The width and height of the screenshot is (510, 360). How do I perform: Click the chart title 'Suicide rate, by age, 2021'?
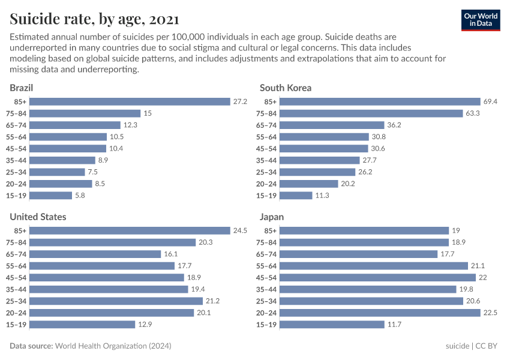pos(94,19)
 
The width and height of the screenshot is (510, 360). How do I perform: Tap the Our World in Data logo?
pos(481,20)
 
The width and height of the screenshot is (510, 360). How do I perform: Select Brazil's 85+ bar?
pos(130,102)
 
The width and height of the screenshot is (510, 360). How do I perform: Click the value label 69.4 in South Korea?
pos(490,102)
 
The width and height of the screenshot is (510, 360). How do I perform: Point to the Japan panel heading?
pos(272,217)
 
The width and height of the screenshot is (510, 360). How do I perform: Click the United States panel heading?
pos(38,217)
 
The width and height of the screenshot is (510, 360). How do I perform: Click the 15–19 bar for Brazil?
pos(51,196)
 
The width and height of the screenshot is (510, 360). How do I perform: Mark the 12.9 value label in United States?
pos(145,325)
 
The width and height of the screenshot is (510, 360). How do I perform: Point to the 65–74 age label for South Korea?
pos(266,125)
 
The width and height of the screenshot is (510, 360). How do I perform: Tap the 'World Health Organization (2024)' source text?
pos(113,346)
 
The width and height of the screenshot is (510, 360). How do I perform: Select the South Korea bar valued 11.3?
pos(296,196)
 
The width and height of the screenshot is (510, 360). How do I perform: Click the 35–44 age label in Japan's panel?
pos(266,289)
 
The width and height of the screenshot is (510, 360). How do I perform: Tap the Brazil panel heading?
pos(21,88)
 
